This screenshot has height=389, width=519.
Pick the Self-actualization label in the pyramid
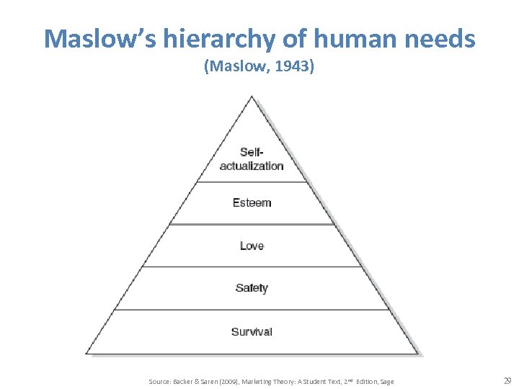point(252,159)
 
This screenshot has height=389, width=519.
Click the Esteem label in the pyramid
point(252,202)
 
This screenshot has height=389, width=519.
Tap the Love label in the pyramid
point(252,246)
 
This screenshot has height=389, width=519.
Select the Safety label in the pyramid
point(252,288)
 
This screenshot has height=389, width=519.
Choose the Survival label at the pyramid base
point(252,331)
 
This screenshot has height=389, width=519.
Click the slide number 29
point(507,380)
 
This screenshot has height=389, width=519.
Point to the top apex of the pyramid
point(252,97)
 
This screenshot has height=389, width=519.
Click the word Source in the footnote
point(159,381)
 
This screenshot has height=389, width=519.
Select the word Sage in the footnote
point(386,381)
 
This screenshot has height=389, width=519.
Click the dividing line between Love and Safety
point(252,267)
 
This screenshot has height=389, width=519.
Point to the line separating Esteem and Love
point(252,224)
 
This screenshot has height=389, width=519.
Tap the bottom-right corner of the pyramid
point(417,353)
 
